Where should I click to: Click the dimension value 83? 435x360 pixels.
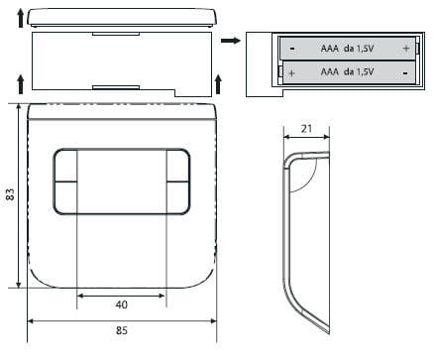pyautogui.click(x=10, y=194)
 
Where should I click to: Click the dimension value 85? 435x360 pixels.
pyautogui.click(x=122, y=330)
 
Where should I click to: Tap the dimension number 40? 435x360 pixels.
pyautogui.click(x=121, y=304)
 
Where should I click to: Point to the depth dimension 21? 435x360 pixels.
pyautogui.click(x=306, y=129)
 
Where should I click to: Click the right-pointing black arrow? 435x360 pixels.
pyautogui.click(x=231, y=41)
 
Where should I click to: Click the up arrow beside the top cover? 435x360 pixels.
pyautogui.click(x=21, y=18)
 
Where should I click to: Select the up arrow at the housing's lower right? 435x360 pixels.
pyautogui.click(x=218, y=84)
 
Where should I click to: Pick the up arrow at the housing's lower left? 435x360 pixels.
pyautogui.click(x=21, y=84)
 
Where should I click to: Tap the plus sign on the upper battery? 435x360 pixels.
pyautogui.click(x=406, y=49)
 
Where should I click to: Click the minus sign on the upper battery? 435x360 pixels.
pyautogui.click(x=292, y=49)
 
